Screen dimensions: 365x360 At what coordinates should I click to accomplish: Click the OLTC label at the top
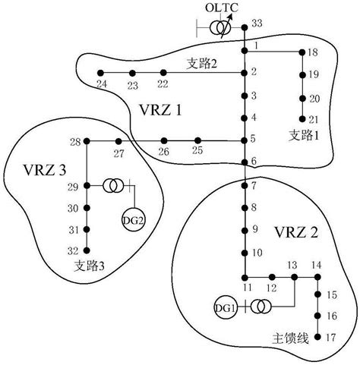(x=223, y=8)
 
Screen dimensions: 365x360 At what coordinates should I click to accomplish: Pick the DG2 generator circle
(x=131, y=220)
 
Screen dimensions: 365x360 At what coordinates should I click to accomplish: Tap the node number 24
(x=102, y=84)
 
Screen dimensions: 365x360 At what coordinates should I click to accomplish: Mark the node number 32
(x=73, y=250)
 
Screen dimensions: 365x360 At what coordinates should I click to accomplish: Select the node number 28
(x=74, y=142)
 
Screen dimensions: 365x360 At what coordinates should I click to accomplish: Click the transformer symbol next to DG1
(x=259, y=307)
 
